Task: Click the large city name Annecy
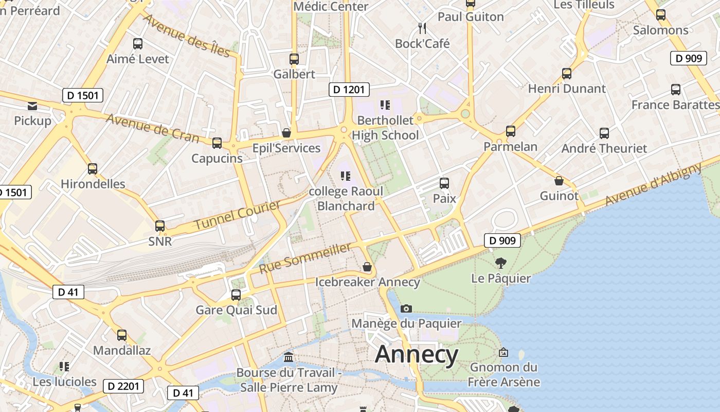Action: click(417, 355)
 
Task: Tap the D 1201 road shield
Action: click(349, 90)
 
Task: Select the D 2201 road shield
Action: click(123, 386)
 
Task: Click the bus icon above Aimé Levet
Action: click(137, 44)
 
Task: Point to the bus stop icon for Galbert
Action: click(294, 59)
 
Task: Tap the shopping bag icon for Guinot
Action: click(559, 181)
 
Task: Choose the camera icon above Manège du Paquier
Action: click(406, 308)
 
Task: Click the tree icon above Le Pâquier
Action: click(500, 264)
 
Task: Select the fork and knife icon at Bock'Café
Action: click(422, 28)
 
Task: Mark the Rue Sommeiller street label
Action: click(305, 258)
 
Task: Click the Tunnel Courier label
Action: click(238, 215)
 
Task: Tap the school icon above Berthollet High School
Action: click(385, 106)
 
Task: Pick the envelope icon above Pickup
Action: click(32, 106)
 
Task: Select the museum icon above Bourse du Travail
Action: click(289, 357)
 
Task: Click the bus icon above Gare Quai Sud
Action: click(236, 295)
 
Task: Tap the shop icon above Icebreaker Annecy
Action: click(367, 267)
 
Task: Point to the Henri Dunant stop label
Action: click(567, 89)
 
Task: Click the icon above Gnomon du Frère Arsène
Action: click(503, 353)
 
